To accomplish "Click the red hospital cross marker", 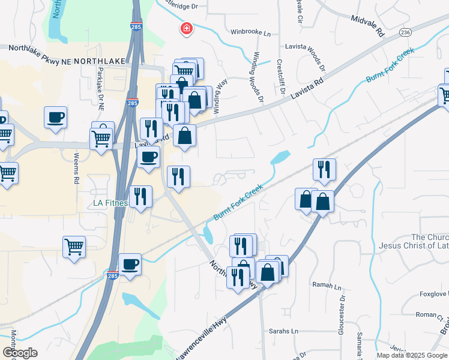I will click(187, 28).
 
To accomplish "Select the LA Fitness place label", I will click(110, 203).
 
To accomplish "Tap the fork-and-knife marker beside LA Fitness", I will click(140, 196).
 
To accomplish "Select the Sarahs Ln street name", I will click(283, 331).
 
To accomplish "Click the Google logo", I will click(20, 353).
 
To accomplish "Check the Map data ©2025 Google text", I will click(411, 355).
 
